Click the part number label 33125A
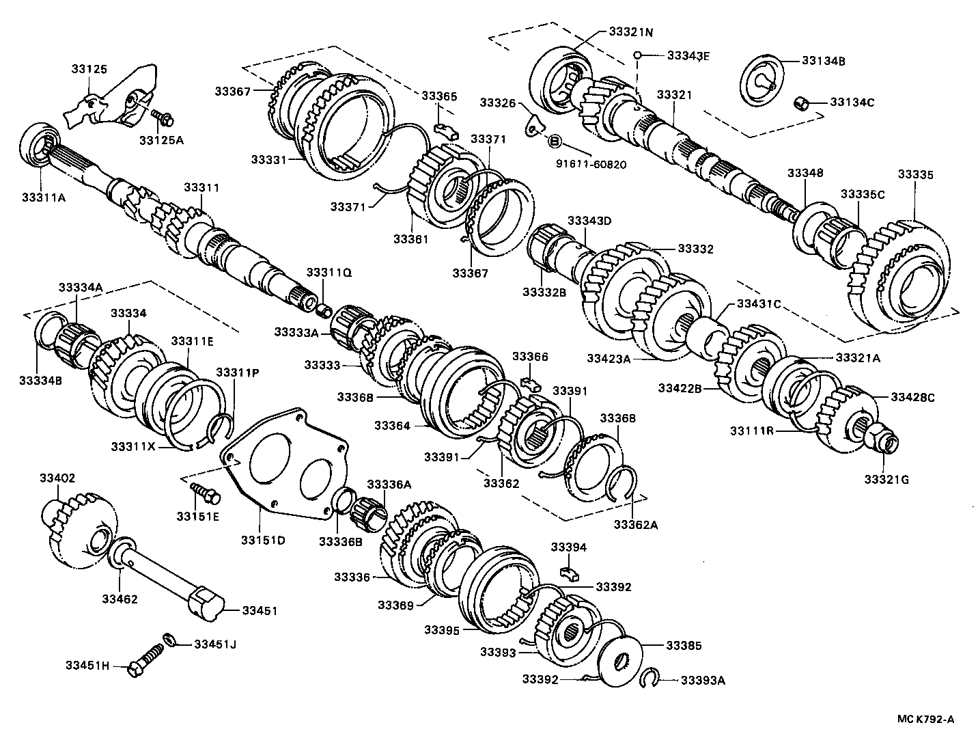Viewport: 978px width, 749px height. click(x=161, y=141)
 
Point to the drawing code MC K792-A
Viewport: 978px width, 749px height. click(x=925, y=718)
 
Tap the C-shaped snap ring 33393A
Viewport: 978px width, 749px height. click(x=652, y=679)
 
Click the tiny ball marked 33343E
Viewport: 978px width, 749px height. click(x=636, y=55)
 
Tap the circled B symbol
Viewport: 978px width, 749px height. click(x=555, y=141)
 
